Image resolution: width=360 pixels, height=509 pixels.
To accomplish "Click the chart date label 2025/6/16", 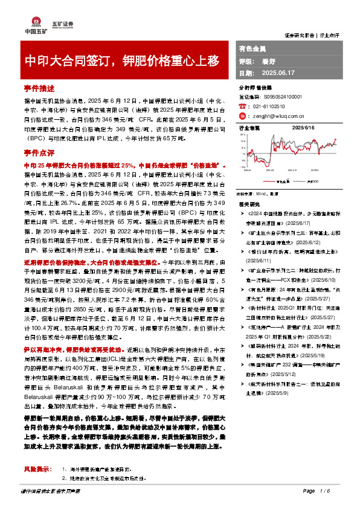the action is [304, 129].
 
